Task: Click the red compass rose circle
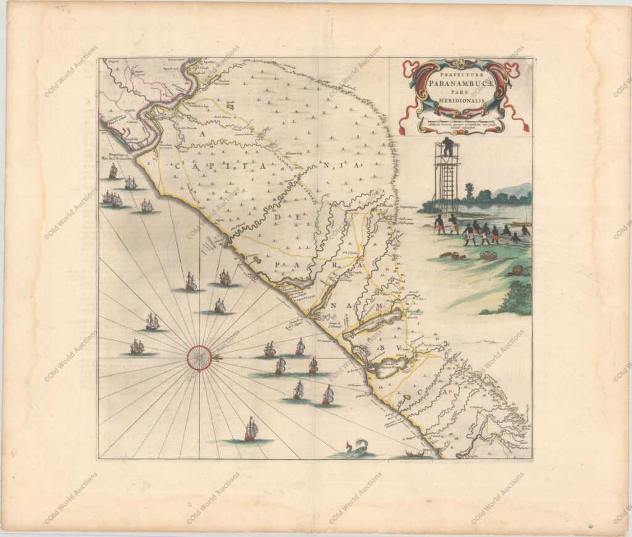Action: click(199, 357)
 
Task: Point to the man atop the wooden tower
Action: click(448, 146)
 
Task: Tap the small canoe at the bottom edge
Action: click(419, 456)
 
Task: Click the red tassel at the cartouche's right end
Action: click(527, 126)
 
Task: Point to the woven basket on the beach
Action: click(488, 255)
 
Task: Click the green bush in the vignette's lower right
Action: click(517, 298)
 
